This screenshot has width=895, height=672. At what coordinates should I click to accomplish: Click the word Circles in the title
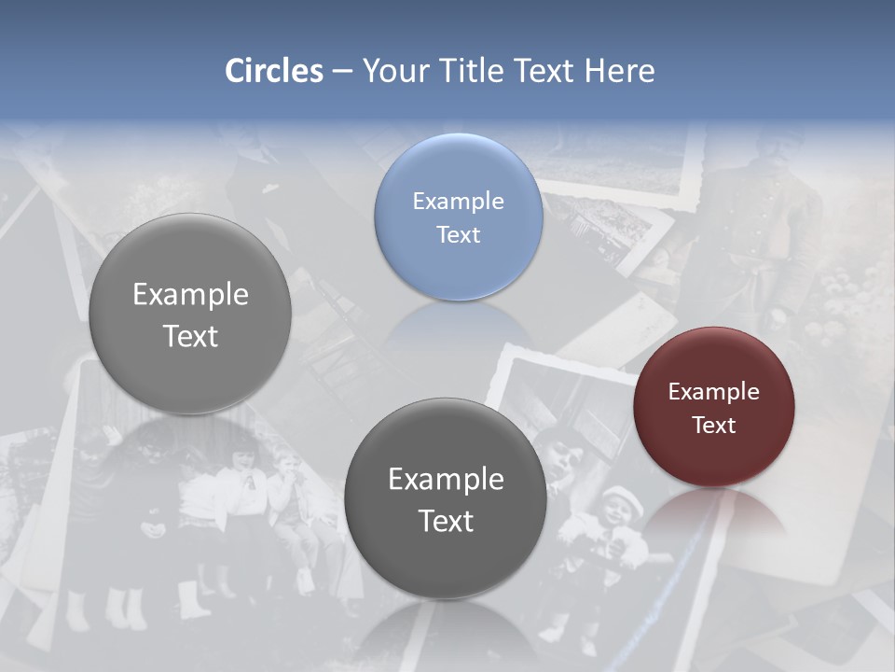pyautogui.click(x=273, y=71)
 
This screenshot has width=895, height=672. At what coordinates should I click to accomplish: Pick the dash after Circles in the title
pyautogui.click(x=342, y=72)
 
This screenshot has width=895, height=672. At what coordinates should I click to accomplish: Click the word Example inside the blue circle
pyautogui.click(x=458, y=201)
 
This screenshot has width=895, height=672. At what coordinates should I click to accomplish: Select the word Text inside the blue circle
pyautogui.click(x=458, y=234)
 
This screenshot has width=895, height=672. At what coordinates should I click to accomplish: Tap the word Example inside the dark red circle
pyautogui.click(x=713, y=391)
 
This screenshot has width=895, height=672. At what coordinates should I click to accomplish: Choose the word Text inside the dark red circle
pyautogui.click(x=713, y=425)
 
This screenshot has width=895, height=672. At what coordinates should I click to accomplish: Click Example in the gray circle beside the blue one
pyautogui.click(x=190, y=294)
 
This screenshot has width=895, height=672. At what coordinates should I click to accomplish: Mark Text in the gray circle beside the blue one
pyautogui.click(x=190, y=336)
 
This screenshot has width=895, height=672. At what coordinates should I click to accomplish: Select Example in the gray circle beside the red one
pyautogui.click(x=446, y=479)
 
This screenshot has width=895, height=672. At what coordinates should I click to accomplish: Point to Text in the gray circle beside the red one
pyautogui.click(x=446, y=521)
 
